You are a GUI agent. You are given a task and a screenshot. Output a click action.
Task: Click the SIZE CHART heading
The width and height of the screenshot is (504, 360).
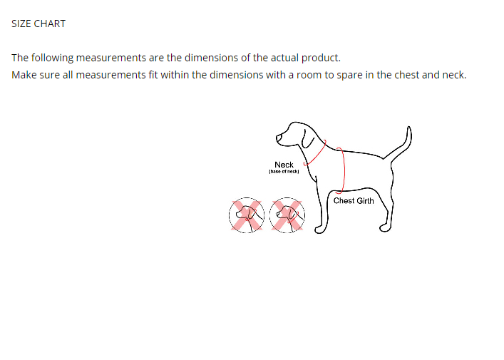coord(38,24)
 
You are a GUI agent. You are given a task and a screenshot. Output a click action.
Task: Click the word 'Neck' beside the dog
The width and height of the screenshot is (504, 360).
coord(284,165)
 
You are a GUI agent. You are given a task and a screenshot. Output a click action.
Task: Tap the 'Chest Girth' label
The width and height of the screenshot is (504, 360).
coord(354,201)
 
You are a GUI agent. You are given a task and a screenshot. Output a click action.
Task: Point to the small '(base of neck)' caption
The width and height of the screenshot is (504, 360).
coord(284,172)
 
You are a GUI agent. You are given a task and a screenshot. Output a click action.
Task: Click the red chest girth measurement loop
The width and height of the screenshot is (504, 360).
coord(344,170)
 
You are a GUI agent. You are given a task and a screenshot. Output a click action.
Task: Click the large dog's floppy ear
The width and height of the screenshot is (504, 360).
coord(308,140)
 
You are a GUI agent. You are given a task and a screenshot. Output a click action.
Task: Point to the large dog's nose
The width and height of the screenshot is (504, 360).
coord(278,138)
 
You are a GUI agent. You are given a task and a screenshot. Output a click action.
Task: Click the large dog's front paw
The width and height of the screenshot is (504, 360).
coord(320,230)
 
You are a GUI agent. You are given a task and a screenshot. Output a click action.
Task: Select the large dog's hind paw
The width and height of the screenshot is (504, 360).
coord(385,228)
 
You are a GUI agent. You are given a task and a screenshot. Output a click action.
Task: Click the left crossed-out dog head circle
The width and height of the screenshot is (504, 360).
coord(247,215)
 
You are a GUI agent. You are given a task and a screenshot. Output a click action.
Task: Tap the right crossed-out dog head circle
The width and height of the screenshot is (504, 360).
coord(287,215)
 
